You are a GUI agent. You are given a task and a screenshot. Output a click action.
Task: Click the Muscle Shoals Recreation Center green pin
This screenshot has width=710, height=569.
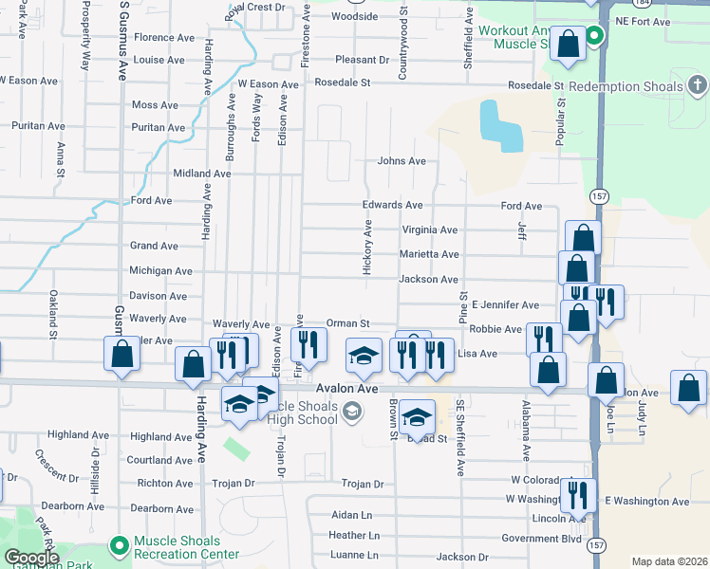tap(119, 545)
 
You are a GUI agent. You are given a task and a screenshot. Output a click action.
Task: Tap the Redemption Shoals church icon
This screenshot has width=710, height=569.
tap(697, 87)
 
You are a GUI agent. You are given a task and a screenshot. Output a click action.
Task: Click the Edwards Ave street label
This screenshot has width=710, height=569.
tap(392, 205)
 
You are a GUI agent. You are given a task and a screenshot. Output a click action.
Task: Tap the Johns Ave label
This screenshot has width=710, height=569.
tap(402, 161)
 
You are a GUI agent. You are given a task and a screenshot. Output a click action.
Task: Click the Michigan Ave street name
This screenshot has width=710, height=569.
tap(160, 271)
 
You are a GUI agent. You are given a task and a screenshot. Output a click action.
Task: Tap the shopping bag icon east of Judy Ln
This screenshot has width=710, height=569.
tap(688, 387)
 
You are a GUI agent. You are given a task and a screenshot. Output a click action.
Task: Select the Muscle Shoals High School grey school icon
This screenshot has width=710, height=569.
tap(352, 410)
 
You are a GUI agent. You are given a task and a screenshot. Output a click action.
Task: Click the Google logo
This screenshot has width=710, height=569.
tap(31, 558)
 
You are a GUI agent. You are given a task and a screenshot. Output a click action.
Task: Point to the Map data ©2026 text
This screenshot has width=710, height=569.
tap(669, 561)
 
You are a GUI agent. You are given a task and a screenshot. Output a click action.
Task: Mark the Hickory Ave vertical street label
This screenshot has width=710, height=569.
tap(367, 249)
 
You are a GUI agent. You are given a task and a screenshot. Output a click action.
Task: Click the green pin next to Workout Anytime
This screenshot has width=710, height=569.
tap(594, 37)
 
